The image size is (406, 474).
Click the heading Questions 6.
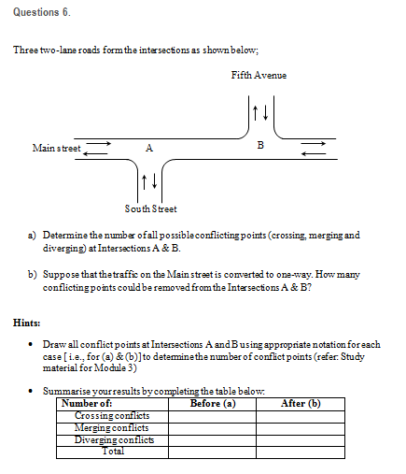pyautogui.click(x=42, y=12)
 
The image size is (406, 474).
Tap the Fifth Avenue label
pyautogui.click(x=259, y=75)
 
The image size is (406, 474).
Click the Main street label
pyautogui.click(x=56, y=148)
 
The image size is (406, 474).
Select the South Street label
pyautogui.click(x=150, y=208)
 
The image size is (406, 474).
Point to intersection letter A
pyautogui.click(x=149, y=148)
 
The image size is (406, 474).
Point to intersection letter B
pyautogui.click(x=260, y=145)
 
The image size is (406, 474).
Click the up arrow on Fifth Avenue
pyautogui.click(x=255, y=113)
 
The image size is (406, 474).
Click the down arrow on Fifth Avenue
pyautogui.click(x=265, y=113)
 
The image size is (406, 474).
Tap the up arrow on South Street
pyautogui.click(x=144, y=182)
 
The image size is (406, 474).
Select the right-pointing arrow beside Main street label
pyautogui.click(x=98, y=143)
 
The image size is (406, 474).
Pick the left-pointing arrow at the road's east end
pyautogui.click(x=314, y=153)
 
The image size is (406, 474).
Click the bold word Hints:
pyautogui.click(x=27, y=323)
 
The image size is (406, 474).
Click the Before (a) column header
pyautogui.click(x=213, y=404)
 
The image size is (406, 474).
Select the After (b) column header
pyautogui.click(x=301, y=404)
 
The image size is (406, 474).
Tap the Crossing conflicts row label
pyautogui.click(x=112, y=415)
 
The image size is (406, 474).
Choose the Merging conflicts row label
pyautogui.click(x=111, y=428)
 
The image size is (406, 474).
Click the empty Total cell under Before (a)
pyautogui.click(x=212, y=452)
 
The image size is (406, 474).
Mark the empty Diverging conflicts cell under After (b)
pyautogui.click(x=301, y=440)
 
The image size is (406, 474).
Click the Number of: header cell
pyautogui.click(x=112, y=404)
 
